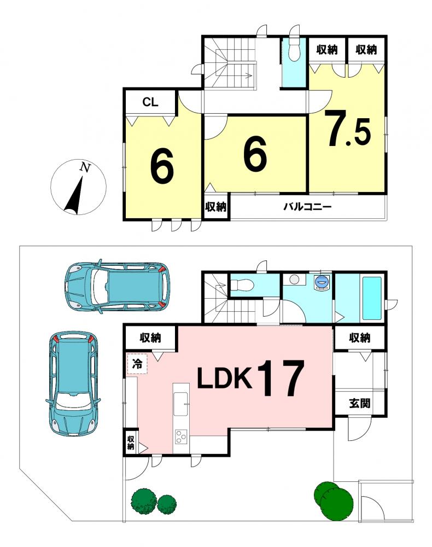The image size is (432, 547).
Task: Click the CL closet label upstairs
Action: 150,102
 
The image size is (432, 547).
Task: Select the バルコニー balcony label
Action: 307,207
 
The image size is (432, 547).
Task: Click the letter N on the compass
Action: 85,167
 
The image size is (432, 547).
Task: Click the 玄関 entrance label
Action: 359,403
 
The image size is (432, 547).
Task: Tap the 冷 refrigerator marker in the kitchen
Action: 137,364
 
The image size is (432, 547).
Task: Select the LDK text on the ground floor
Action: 225,379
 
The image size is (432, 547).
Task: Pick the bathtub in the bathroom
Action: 372,298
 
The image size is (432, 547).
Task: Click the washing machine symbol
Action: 322,282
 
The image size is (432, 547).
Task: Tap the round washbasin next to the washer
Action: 294,279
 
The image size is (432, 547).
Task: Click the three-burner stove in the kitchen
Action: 182,437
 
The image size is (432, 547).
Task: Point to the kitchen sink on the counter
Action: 181,404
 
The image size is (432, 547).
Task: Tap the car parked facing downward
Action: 73,383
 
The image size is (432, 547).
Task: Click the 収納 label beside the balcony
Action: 216,207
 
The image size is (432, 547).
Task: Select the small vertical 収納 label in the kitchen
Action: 131,443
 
